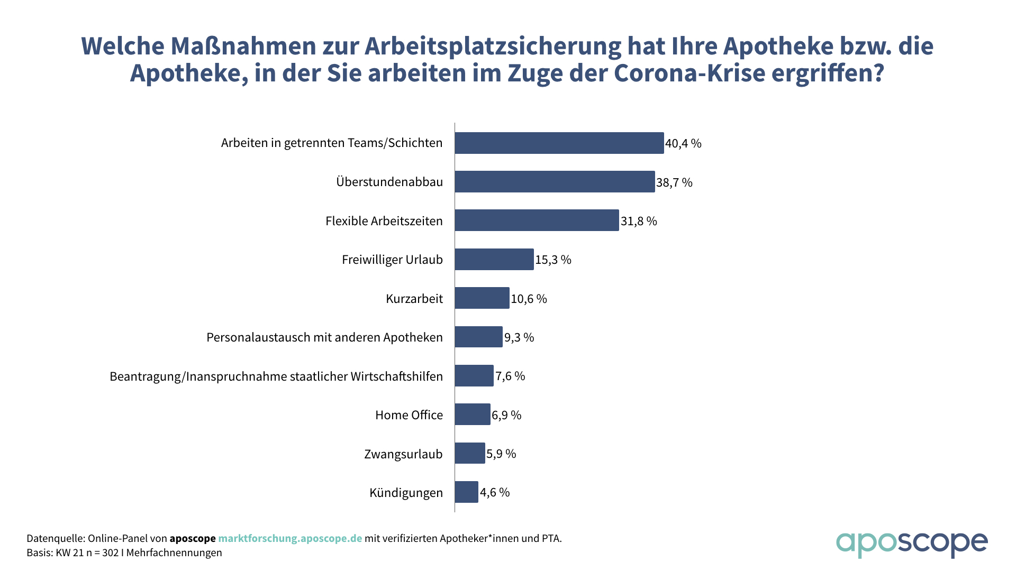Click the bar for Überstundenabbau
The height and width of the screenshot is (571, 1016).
[555, 182]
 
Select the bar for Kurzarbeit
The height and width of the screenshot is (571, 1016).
[482, 298]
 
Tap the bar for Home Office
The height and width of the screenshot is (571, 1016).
[473, 415]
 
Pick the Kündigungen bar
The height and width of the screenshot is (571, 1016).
[466, 492]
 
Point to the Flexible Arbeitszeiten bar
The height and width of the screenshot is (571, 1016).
[537, 220]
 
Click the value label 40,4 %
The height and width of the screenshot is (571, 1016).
[683, 143]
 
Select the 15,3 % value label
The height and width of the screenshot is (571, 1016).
[553, 260]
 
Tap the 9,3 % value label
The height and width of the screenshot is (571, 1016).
[519, 337]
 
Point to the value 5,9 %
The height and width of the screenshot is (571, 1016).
[501, 454]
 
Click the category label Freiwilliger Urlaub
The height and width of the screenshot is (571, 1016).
[392, 260]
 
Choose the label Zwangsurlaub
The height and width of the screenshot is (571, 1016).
[403, 454]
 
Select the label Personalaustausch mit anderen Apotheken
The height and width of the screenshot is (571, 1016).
[324, 337]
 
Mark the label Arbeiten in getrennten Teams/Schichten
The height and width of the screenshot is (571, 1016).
[332, 143]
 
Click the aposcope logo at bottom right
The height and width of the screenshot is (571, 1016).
[911, 544]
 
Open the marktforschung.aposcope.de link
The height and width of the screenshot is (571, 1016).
[290, 538]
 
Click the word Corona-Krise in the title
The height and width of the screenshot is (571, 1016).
[690, 73]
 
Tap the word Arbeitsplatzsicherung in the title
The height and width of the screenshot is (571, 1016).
[493, 47]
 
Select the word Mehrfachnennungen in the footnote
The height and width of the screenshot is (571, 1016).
[174, 553]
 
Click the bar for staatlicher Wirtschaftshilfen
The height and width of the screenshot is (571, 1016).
[474, 376]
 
